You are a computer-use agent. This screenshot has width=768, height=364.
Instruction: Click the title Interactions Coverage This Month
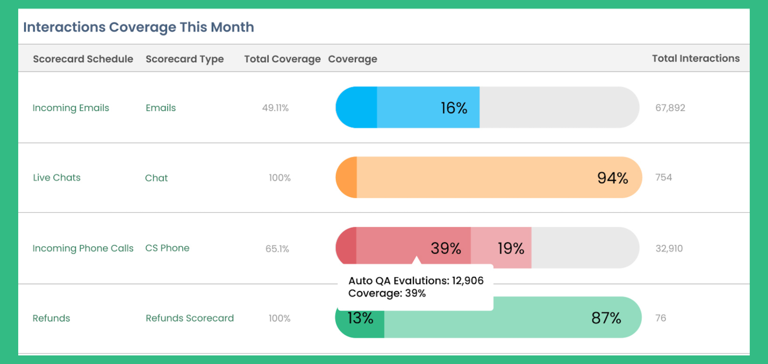139,27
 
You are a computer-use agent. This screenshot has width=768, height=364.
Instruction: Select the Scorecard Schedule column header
83,59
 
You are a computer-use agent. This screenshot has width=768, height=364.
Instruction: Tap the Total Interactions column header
695,58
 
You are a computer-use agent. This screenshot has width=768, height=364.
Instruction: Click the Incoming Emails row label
71,108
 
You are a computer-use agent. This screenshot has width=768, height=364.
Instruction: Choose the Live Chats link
56,177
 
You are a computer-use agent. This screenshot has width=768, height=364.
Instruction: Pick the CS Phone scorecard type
167,248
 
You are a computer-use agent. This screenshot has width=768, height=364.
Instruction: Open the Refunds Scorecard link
190,318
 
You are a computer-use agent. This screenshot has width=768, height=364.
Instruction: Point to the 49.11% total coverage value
275,108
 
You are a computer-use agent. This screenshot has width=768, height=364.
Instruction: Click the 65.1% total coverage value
277,249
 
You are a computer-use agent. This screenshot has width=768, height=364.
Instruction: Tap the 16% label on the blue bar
454,108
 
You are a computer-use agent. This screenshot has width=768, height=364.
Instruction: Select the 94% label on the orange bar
612,178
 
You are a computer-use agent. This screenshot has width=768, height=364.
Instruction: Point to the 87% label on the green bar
606,318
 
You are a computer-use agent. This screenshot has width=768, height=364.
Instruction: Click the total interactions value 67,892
670,108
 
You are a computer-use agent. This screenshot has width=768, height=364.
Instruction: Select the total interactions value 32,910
669,249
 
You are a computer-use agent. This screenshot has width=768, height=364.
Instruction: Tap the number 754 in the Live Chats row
663,177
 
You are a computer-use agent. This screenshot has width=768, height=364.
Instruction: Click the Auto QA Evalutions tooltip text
415,281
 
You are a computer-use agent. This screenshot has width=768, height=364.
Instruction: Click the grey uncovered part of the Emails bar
557,107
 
